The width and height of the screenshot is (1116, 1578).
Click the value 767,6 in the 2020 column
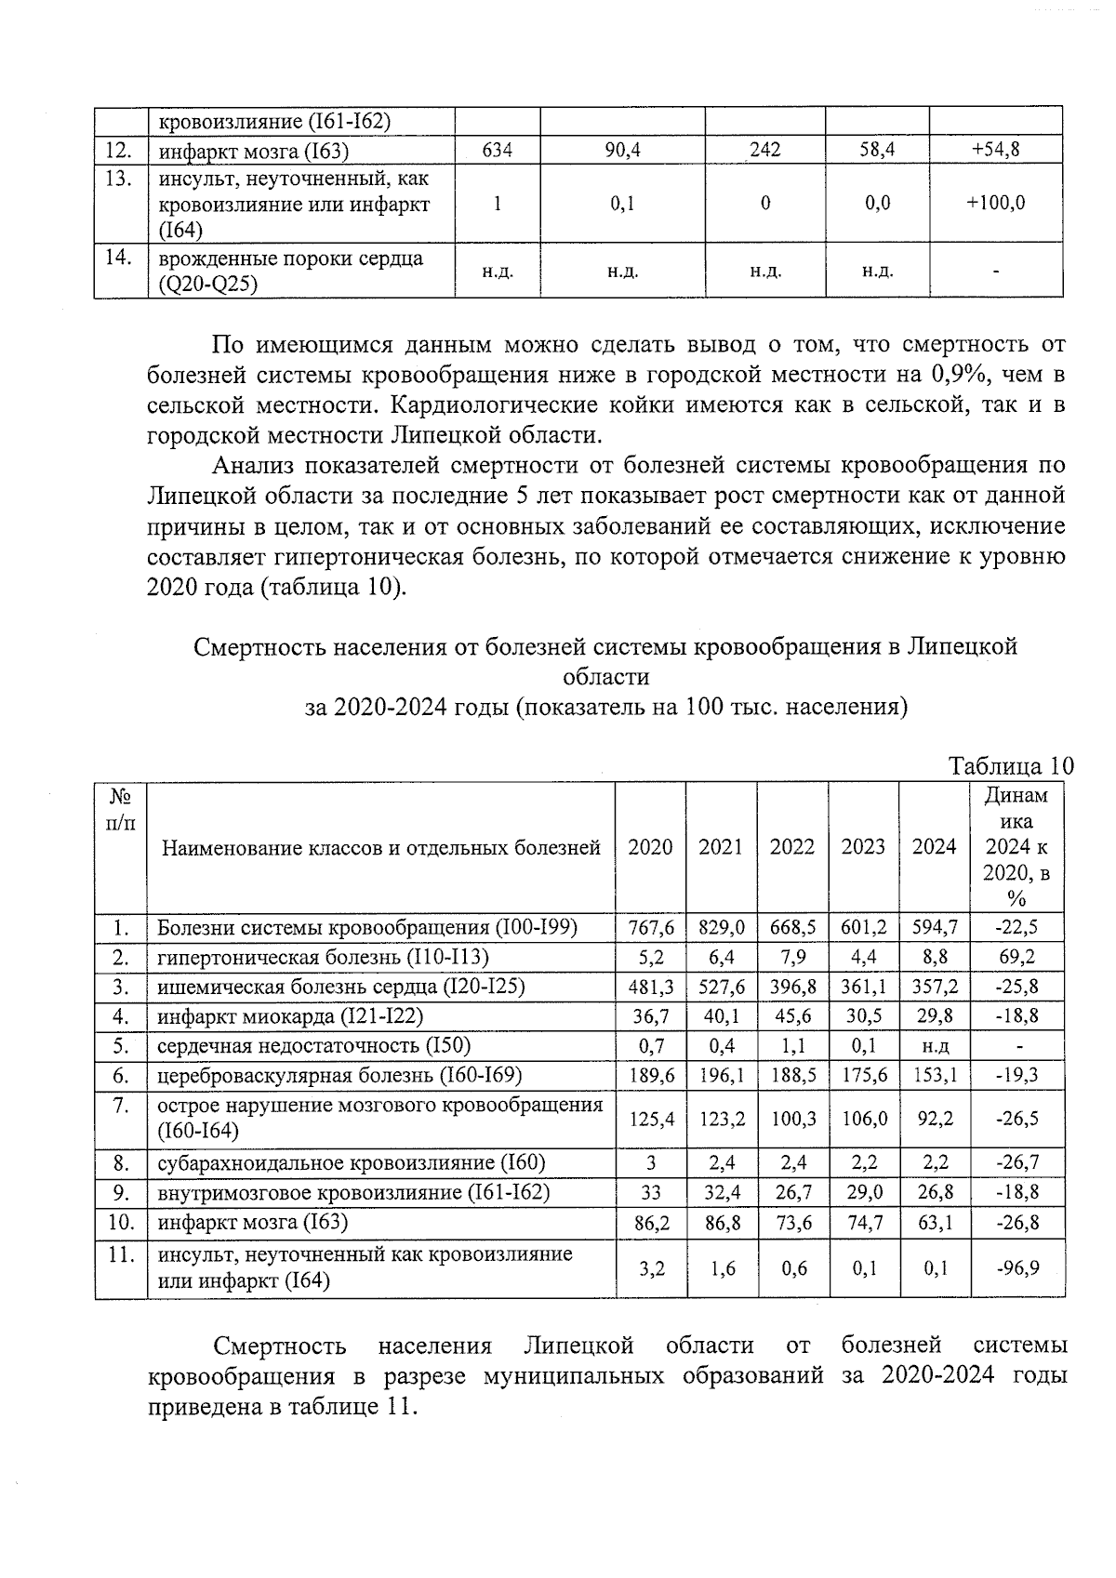coord(650,927)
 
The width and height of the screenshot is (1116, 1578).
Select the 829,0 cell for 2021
coord(721,927)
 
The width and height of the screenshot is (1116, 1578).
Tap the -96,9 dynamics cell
coord(1016,1267)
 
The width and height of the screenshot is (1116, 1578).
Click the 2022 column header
coord(792,846)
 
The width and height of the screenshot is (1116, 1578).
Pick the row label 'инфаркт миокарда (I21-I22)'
coord(290,1016)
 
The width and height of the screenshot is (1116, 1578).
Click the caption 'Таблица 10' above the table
coord(1010,766)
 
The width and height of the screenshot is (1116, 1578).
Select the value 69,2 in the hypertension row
coord(1016,957)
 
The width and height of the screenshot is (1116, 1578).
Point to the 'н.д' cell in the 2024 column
coord(935,1046)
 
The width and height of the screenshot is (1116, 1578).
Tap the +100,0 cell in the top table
coord(995,203)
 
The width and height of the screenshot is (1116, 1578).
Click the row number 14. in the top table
coord(118,258)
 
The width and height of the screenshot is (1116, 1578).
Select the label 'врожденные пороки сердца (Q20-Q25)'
coord(290,271)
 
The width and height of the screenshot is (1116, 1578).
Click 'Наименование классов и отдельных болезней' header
coord(380,847)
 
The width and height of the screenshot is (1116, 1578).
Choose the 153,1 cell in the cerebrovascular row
coord(935,1075)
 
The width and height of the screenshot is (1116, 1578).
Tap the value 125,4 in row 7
coord(650,1119)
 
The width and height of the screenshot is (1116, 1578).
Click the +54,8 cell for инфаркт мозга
coord(995,150)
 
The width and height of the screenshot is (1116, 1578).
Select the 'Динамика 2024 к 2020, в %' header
coord(1016,846)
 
